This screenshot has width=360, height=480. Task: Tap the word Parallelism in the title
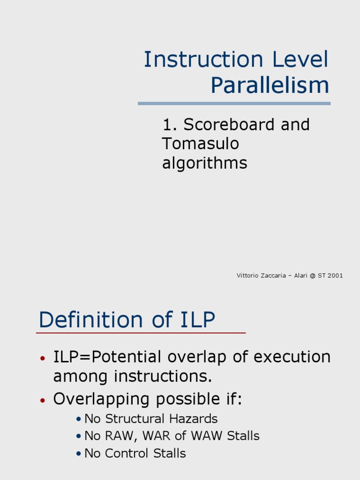(270, 85)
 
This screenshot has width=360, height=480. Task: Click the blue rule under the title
(234, 104)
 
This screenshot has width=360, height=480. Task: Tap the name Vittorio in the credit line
(247, 276)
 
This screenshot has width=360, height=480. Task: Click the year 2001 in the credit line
(335, 276)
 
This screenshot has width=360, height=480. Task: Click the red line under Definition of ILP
(141, 333)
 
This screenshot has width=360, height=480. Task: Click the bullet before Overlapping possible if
(43, 401)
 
